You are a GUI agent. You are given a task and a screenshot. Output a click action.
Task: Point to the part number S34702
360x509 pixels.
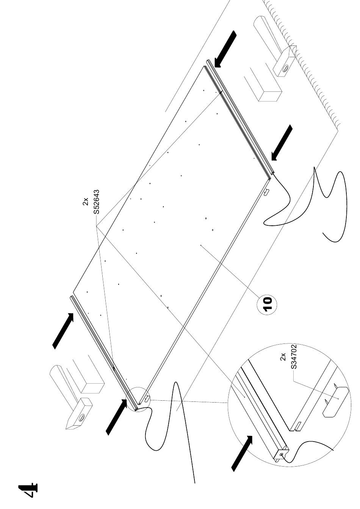pos(294,356)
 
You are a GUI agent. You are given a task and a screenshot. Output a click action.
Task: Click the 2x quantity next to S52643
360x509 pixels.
pos(86,201)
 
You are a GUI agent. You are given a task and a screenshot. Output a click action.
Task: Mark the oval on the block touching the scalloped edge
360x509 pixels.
pos(286,67)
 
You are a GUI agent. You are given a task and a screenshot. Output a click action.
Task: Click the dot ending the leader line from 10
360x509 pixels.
pos(201,245)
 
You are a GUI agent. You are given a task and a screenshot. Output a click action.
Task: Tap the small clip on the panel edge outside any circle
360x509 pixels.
pos(266,192)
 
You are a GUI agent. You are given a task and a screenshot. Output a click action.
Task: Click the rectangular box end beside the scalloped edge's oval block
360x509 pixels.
pos(271,96)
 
